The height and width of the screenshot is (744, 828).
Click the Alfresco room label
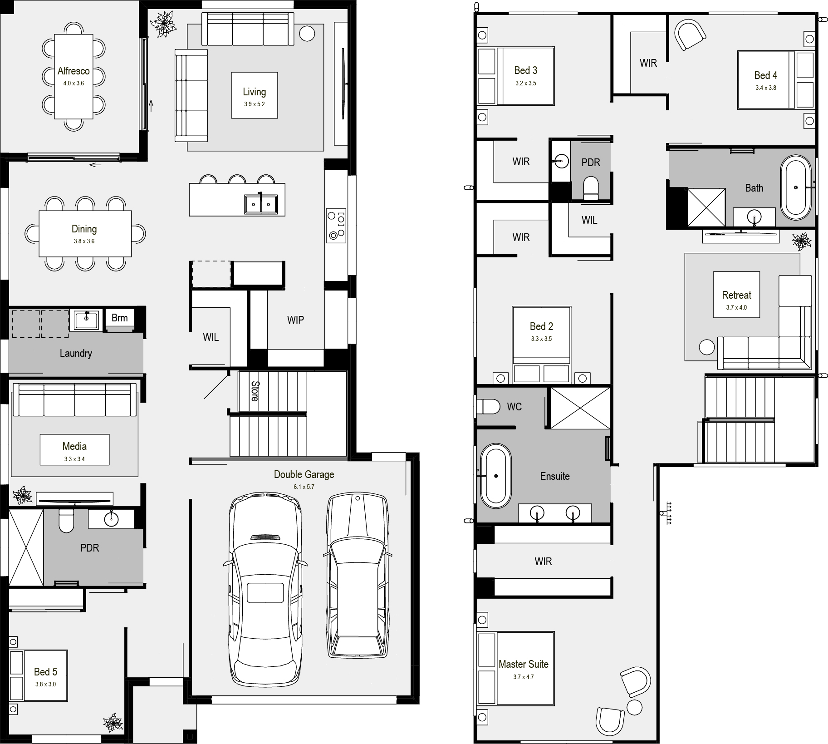[x=73, y=71]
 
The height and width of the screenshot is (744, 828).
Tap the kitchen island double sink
[x=261, y=204]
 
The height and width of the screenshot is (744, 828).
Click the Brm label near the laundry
[x=120, y=318]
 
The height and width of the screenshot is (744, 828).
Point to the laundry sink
[x=86, y=320]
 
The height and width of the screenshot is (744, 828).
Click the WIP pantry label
[x=295, y=320]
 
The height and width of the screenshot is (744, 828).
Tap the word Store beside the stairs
[x=255, y=391]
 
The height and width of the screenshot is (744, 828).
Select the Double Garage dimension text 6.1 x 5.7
[x=304, y=487]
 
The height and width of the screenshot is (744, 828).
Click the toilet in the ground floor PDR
[x=66, y=521]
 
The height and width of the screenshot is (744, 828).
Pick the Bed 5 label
[x=46, y=671]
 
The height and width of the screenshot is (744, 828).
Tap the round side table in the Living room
[x=307, y=33]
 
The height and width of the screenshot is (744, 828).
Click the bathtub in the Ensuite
[x=496, y=476]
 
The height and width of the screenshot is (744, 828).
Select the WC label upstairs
[x=514, y=407]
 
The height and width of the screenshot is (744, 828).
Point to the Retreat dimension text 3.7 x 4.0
[x=736, y=307]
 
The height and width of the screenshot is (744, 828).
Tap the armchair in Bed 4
[x=690, y=34]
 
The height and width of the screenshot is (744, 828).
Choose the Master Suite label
[x=524, y=664]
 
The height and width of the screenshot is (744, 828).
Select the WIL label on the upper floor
[x=589, y=220]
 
